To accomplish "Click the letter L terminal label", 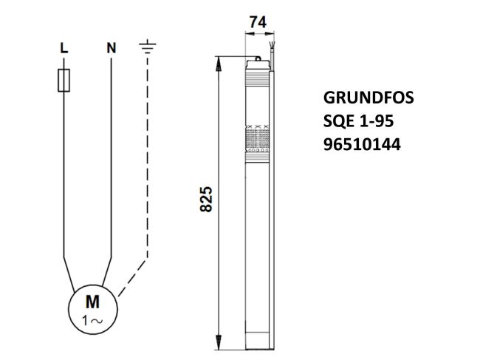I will pyautogui.click(x=64, y=48).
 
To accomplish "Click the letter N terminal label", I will pyautogui.click(x=111, y=48).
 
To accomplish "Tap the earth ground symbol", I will pyautogui.click(x=148, y=48).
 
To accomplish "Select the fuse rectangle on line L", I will pyautogui.click(x=64, y=81).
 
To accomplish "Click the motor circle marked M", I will pyautogui.click(x=93, y=309).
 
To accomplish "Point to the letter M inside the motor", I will pyautogui.click(x=93, y=302).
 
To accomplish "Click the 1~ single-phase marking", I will pyautogui.click(x=93, y=319).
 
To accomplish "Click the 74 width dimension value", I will pyautogui.click(x=258, y=23).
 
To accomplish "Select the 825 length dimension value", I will pyautogui.click(x=208, y=199).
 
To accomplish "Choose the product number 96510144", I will pyautogui.click(x=362, y=146).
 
